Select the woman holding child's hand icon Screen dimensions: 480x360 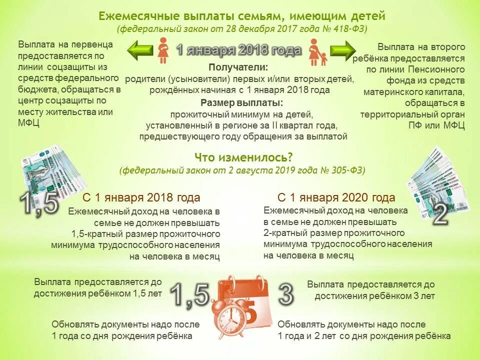316,52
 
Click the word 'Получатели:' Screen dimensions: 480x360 238,67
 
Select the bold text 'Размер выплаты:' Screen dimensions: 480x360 242,103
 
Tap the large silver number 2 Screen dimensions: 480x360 440,213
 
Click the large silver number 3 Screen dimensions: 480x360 285,294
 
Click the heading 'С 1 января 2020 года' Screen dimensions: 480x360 336,197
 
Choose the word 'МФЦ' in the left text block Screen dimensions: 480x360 28,122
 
